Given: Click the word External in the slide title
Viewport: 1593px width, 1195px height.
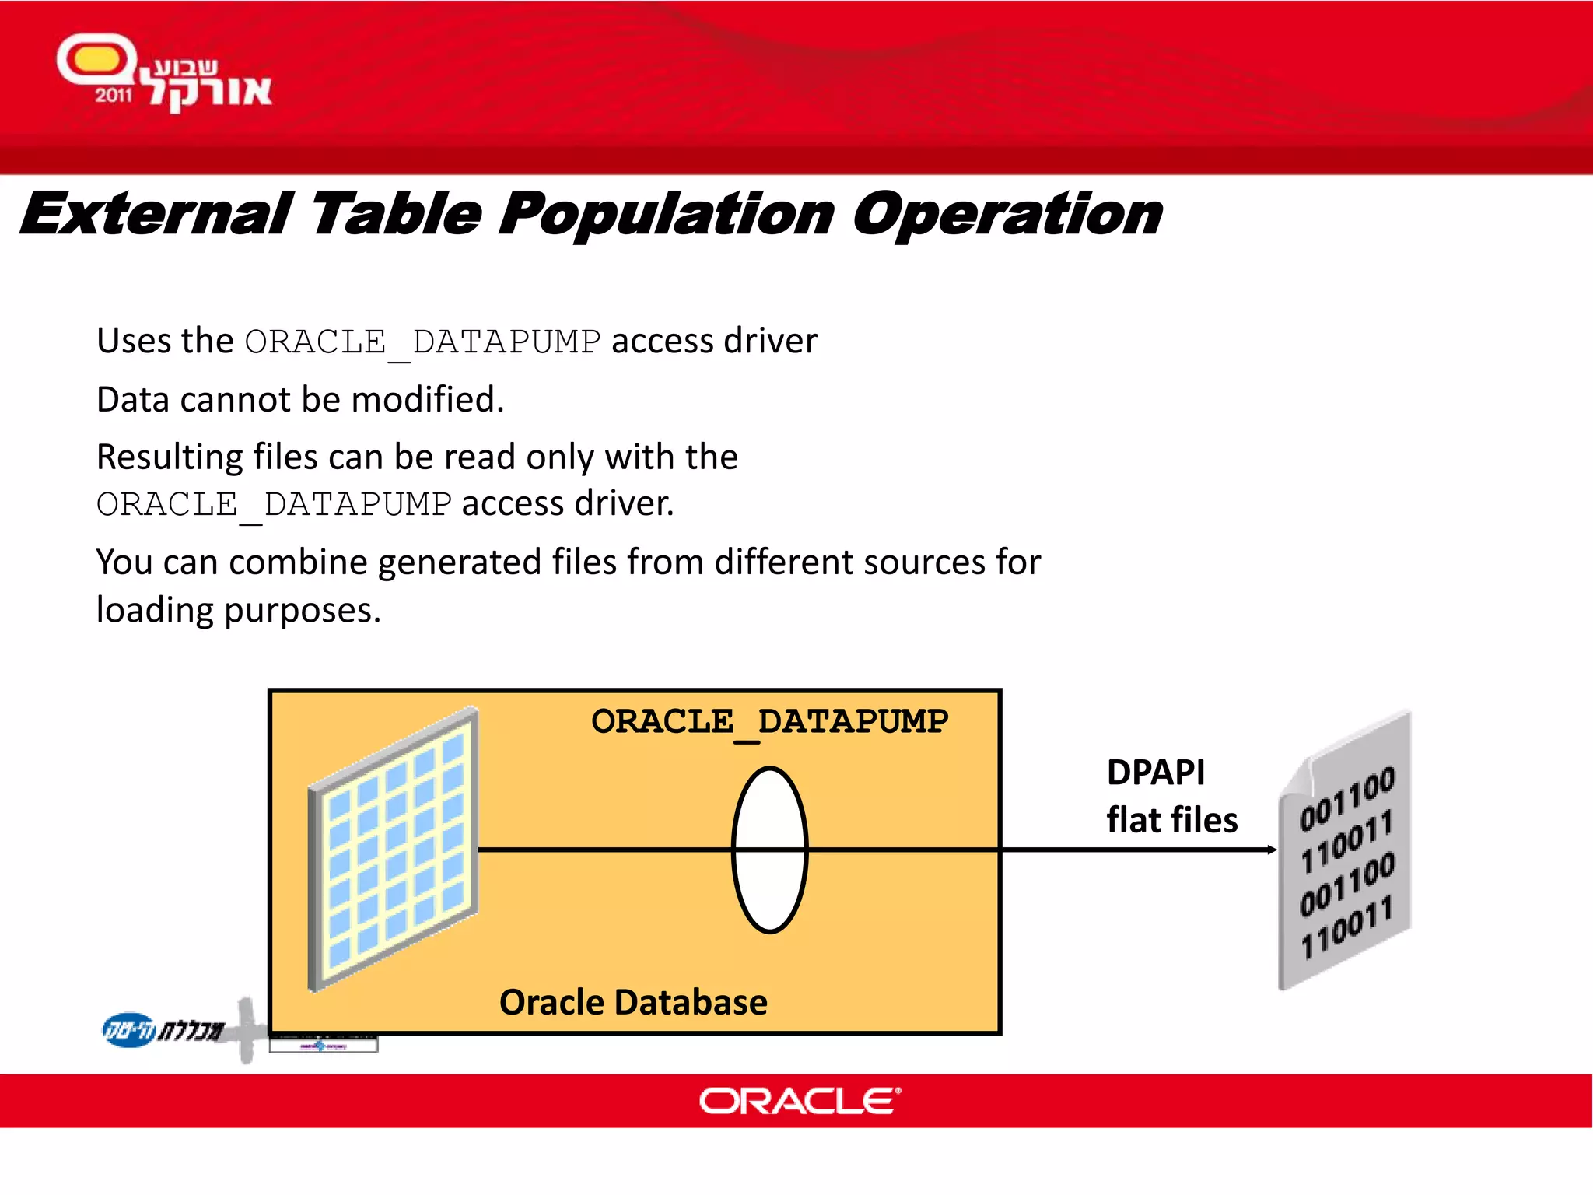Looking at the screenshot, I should pyautogui.click(x=156, y=215).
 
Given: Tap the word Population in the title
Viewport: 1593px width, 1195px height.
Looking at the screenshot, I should pyautogui.click(x=666, y=215).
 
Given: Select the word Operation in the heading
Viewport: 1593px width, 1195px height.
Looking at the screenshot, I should pyautogui.click(x=1007, y=215).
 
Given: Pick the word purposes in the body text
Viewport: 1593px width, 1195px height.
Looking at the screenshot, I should pyautogui.click(x=303, y=611).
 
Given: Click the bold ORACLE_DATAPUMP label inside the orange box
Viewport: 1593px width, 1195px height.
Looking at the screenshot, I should pyautogui.click(x=769, y=722).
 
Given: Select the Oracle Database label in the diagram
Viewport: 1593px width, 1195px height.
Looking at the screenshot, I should pyautogui.click(x=633, y=1002).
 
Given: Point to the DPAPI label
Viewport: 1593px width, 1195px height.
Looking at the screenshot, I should pyautogui.click(x=1155, y=773).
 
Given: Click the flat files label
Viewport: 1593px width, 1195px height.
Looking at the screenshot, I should pyautogui.click(x=1171, y=820).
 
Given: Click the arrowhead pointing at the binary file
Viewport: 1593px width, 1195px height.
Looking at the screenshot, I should pyautogui.click(x=1271, y=850).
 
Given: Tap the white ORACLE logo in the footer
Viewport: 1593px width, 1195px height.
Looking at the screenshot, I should pyautogui.click(x=799, y=1101).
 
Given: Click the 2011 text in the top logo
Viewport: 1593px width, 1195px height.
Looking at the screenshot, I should pyautogui.click(x=114, y=96).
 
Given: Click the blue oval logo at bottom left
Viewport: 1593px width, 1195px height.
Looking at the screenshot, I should pyautogui.click(x=128, y=1030).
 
